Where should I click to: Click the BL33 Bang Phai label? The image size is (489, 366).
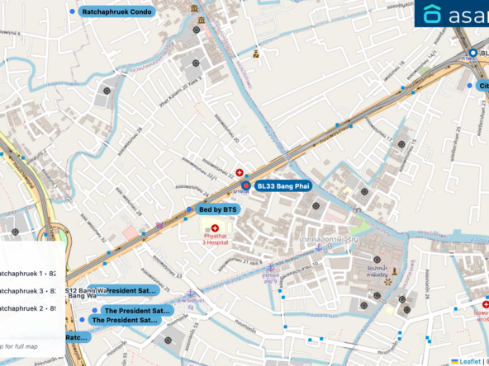[282, 187]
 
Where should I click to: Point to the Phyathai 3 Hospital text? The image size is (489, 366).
[220, 241]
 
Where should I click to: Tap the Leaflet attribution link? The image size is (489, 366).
[470, 361]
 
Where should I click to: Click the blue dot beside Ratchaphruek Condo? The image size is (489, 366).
[74, 12]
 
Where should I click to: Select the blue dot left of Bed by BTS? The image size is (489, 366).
[192, 209]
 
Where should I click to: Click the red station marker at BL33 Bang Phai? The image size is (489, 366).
[246, 186]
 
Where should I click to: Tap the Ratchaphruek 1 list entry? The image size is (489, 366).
[30, 273]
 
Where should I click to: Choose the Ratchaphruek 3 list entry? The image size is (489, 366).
[30, 290]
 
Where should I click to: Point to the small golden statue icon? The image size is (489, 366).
[395, 271]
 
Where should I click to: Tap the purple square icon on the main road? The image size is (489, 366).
[159, 226]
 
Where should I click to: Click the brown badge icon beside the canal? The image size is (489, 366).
[256, 54]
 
